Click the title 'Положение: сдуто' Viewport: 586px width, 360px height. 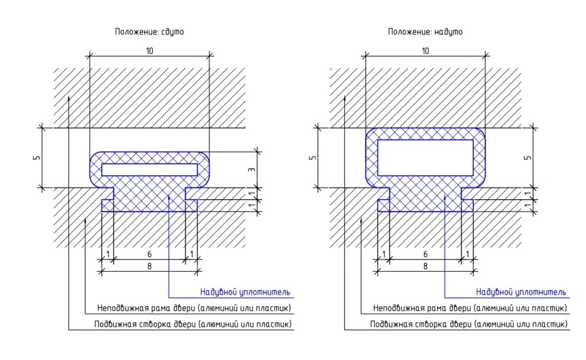tap(149, 32)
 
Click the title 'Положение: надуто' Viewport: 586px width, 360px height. tap(425, 32)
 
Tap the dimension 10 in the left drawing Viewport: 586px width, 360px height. tap(149, 51)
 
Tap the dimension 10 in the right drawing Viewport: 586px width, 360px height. tap(425, 51)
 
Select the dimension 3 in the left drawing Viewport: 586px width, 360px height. tap(252, 170)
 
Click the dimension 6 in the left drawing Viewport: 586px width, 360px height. tap(149, 254)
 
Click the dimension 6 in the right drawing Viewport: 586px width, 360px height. tap(425, 254)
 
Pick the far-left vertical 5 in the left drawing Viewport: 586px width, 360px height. tap(37, 157)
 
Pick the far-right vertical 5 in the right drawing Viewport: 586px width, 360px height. tap(528, 157)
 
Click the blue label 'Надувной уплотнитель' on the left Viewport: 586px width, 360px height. tap(245, 292)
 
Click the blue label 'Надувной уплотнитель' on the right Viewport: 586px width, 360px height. tap(521, 292)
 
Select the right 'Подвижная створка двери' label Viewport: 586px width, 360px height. tap(469, 325)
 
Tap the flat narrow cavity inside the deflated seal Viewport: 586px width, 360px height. tap(149, 169)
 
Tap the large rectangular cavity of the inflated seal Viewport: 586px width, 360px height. tap(425, 157)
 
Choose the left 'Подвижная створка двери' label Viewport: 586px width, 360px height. tap(193, 325)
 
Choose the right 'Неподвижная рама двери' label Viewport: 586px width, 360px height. tap(470, 308)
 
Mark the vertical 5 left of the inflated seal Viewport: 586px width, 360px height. tap(312, 157)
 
